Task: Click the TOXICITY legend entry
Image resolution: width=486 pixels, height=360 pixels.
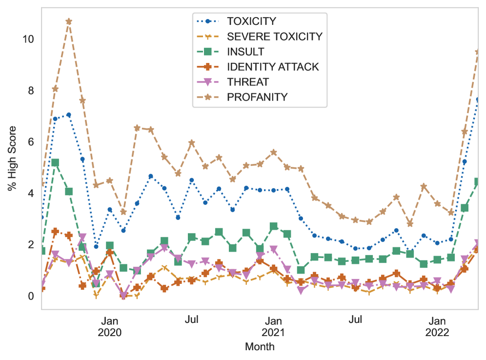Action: tap(251, 21)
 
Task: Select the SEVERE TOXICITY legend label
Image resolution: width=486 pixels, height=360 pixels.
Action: tap(274, 37)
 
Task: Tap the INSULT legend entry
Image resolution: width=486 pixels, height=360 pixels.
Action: tap(245, 52)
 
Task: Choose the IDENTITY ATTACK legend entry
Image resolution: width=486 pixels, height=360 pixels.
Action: tap(273, 67)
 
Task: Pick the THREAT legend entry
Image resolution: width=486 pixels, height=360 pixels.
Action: tap(247, 82)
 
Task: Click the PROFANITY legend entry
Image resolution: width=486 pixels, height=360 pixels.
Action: tap(257, 97)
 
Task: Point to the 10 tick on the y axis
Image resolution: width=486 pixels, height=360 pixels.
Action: tap(28, 39)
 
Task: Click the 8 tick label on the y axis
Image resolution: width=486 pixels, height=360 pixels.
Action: tap(30, 91)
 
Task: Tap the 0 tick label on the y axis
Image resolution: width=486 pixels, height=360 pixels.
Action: tap(30, 296)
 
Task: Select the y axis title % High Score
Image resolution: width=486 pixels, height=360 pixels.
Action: tap(12, 159)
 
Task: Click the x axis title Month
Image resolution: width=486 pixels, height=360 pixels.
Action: tap(260, 347)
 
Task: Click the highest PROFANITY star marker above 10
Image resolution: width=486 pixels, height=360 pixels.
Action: tap(69, 21)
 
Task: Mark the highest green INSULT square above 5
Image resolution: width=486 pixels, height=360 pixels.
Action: tap(55, 162)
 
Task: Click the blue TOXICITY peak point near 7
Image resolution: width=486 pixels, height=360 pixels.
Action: tap(69, 115)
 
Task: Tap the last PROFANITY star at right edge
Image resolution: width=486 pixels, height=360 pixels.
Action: tap(478, 51)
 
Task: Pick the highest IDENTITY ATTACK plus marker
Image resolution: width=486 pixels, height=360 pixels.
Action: tap(55, 232)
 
